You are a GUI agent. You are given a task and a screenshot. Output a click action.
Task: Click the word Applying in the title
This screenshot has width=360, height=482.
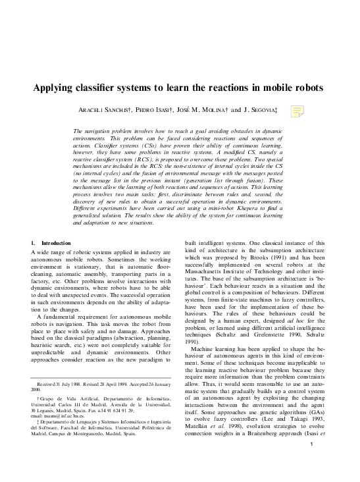click(57, 88)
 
